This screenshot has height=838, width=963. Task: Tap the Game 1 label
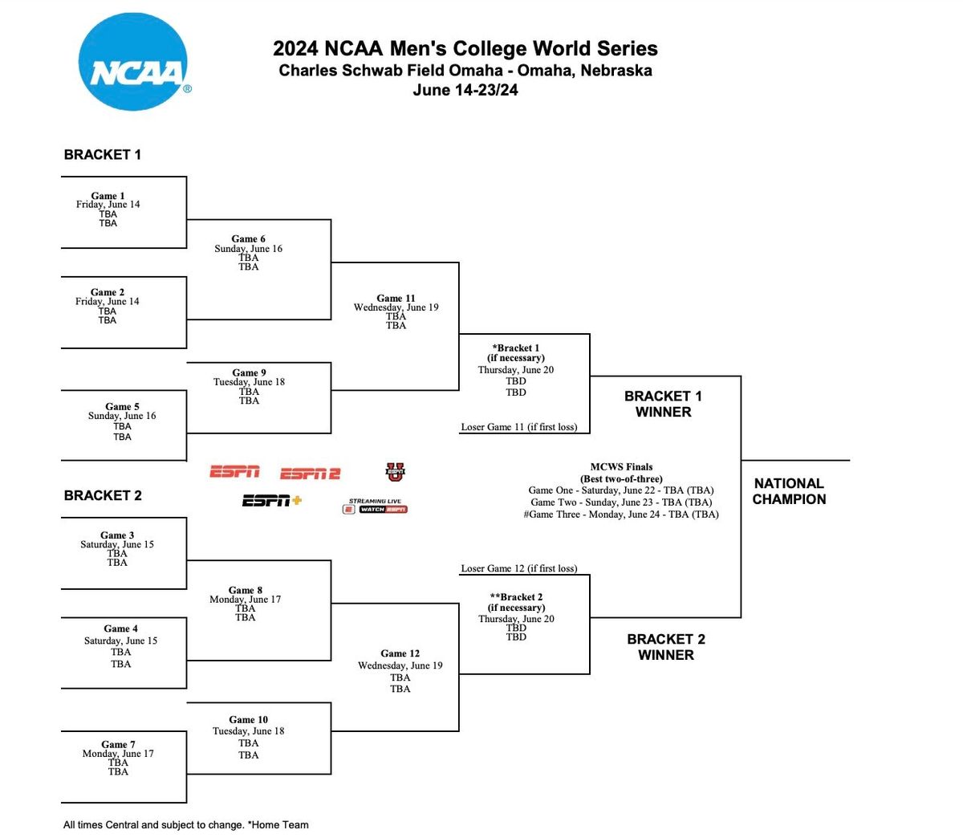point(108,195)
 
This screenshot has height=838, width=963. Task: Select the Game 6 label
point(248,238)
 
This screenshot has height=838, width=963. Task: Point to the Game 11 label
point(396,298)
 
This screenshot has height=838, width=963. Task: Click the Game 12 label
point(400,653)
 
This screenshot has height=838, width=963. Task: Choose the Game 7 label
point(118,744)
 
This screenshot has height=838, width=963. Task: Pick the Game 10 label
point(248,719)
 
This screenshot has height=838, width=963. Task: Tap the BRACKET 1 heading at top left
point(103,155)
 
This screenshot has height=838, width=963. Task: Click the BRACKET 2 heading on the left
point(103,495)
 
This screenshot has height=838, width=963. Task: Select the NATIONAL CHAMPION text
point(789,491)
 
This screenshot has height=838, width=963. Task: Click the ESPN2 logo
point(310,474)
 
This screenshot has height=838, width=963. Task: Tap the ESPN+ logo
point(272,501)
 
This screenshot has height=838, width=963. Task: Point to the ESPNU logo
point(394,472)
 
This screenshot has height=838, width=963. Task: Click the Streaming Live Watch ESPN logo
point(376,506)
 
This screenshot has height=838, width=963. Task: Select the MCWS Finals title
point(621,466)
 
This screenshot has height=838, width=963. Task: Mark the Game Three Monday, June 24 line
point(621,515)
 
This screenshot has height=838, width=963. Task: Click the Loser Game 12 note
point(518,568)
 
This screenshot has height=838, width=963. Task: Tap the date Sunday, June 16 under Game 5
point(122,416)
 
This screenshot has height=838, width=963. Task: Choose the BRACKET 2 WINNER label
point(665,647)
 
